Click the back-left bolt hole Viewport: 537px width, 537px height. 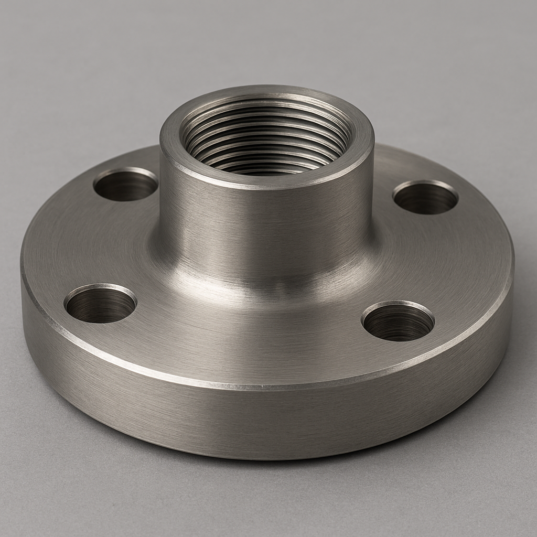pos(126,186)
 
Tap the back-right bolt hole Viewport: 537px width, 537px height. pos(425,198)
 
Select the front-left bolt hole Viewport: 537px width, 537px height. pos(100,304)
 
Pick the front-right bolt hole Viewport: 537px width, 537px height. pos(398,321)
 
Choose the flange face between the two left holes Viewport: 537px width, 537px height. pos(79,241)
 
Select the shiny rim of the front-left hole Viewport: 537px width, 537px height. pos(100,287)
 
